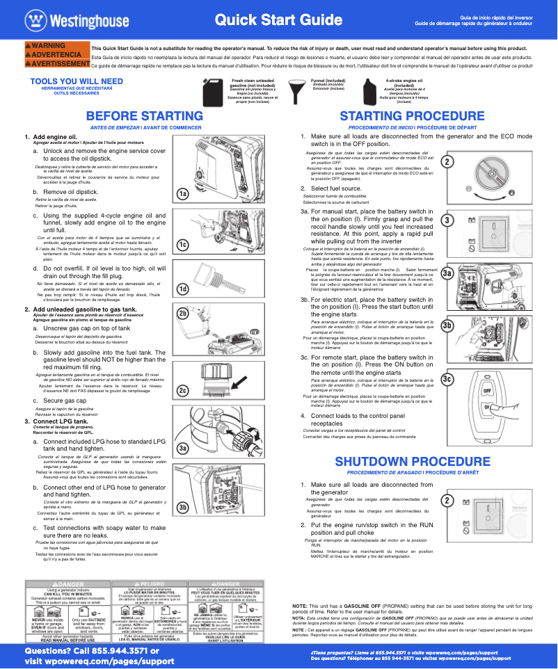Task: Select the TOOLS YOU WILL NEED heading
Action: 77,81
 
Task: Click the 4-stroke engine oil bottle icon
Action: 370,91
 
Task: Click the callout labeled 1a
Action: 183,194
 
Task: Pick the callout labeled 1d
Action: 183,289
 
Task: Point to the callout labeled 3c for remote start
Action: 447,378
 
